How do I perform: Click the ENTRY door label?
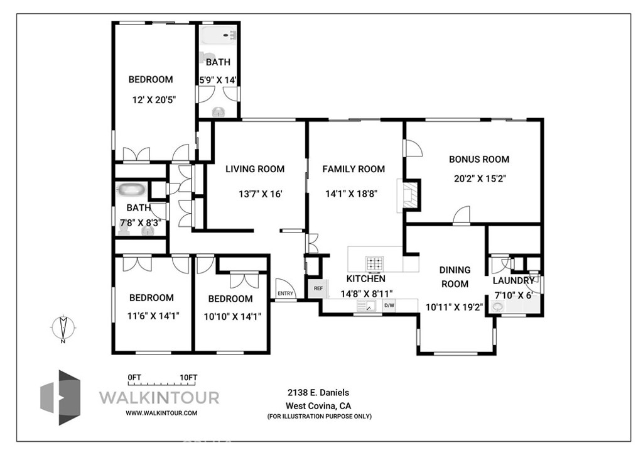tap(286, 293)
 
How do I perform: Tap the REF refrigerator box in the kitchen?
tap(318, 288)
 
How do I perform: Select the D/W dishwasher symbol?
tap(389, 305)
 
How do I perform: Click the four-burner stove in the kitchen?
tap(375, 264)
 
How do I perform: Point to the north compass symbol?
tap(63, 328)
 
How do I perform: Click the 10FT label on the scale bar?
tap(188, 378)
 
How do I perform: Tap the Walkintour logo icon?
tap(60, 397)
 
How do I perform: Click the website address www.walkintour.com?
tap(161, 413)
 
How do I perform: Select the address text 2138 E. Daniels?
tap(318, 393)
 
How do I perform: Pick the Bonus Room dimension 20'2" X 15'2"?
tap(480, 178)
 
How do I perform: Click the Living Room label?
tap(255, 169)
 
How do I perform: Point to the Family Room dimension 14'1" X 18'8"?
tap(352, 194)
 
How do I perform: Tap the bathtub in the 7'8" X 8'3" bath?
tap(131, 190)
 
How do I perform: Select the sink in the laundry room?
tap(498, 307)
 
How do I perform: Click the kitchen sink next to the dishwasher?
tap(367, 306)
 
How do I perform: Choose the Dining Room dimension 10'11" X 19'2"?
tap(455, 307)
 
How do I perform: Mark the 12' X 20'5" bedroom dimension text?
tap(154, 100)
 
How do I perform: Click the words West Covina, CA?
tap(318, 406)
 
